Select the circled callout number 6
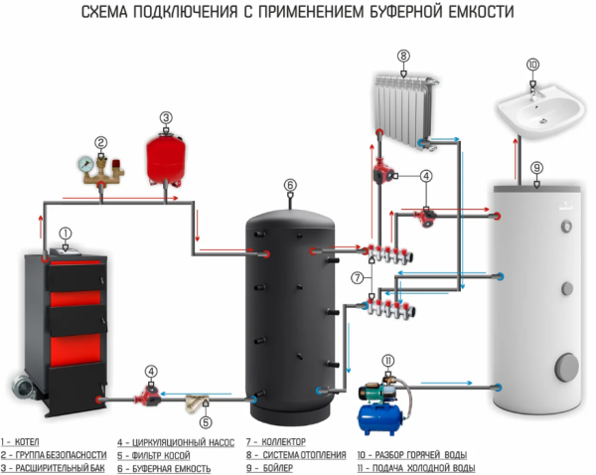pyautogui.click(x=290, y=185)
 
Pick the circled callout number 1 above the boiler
pyautogui.click(x=66, y=234)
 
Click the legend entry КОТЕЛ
pyautogui.click(x=29, y=440)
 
